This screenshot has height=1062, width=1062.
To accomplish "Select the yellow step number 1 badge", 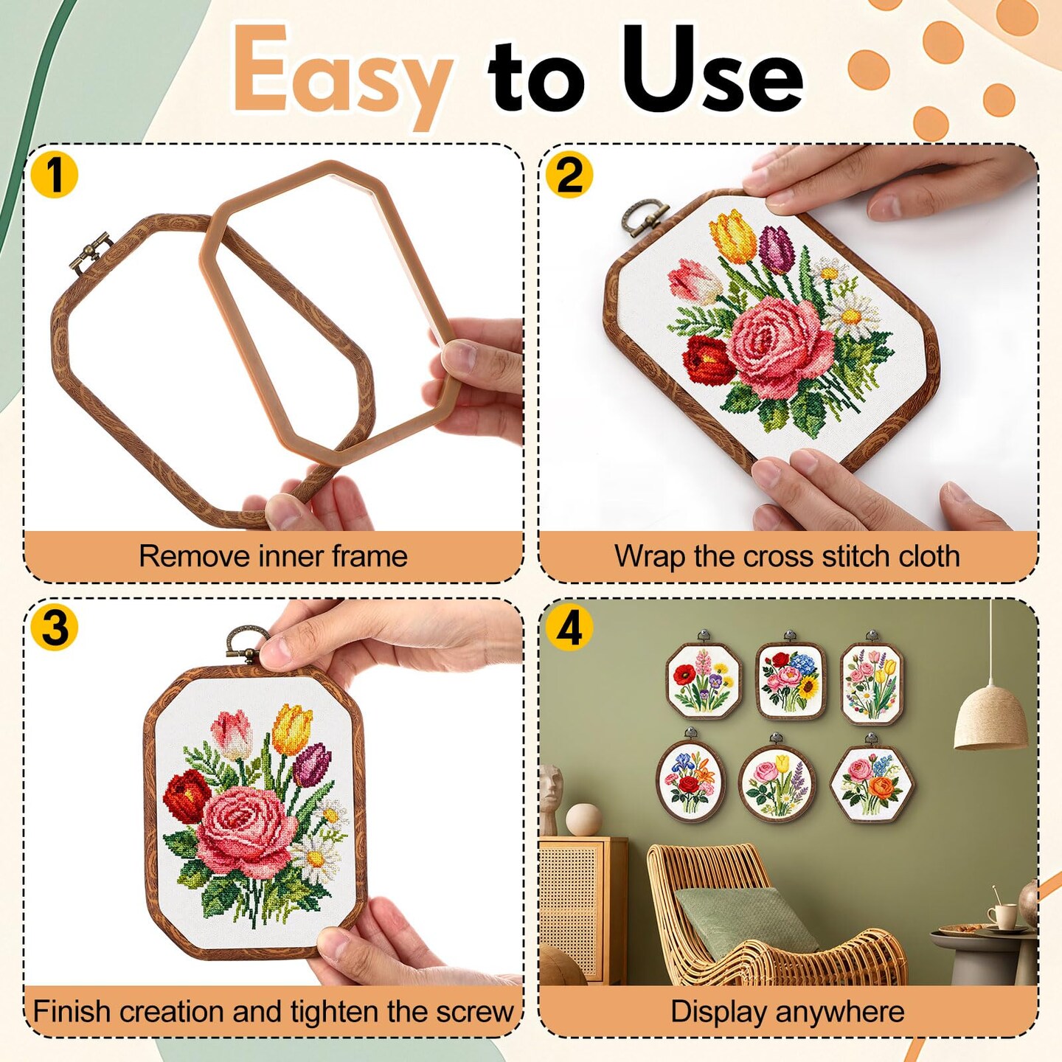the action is pyautogui.click(x=54, y=176).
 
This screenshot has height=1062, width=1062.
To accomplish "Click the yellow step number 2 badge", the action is pyautogui.click(x=569, y=176).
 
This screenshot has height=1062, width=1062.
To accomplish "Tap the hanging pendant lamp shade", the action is pyautogui.click(x=990, y=717).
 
